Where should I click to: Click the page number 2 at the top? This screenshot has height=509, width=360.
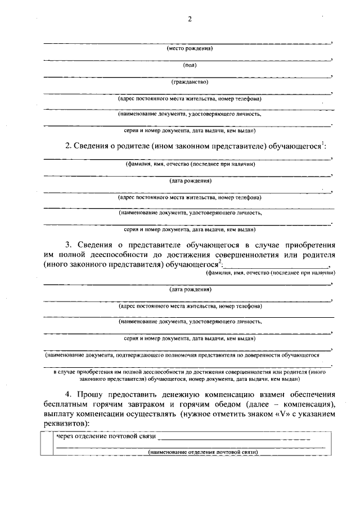[190, 19]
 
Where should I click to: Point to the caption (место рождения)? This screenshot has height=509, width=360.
[190, 49]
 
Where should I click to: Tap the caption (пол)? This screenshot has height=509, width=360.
[190, 65]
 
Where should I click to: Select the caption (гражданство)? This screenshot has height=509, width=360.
[190, 82]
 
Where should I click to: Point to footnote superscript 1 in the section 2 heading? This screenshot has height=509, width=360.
[322, 144]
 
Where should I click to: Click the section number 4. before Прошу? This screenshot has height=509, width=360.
[69, 394]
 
